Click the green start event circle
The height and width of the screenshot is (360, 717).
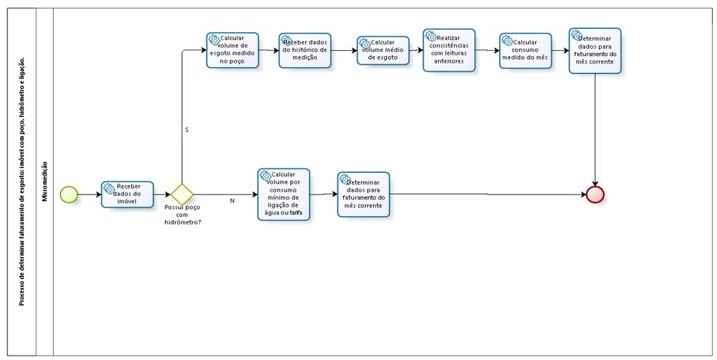[x=68, y=195]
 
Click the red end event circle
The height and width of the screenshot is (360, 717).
[x=595, y=195]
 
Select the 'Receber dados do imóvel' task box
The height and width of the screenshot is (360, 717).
[x=128, y=195]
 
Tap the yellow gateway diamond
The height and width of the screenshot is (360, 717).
[x=181, y=195]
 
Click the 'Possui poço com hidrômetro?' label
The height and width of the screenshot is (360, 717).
[x=183, y=215]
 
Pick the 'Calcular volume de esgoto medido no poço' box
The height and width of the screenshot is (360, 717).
[x=232, y=50]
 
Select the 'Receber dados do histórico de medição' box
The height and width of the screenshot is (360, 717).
[x=305, y=50]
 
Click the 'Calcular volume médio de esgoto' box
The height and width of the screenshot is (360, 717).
[x=383, y=50]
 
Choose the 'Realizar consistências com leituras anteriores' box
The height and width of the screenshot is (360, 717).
[x=449, y=50]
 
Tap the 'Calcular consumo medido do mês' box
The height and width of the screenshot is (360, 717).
[x=525, y=50]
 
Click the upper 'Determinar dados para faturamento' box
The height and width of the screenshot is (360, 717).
[x=595, y=50]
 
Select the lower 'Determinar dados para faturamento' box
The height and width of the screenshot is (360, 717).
[x=364, y=195]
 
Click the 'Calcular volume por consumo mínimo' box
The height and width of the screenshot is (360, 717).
[x=283, y=195]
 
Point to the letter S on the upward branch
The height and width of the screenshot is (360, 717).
[x=187, y=130]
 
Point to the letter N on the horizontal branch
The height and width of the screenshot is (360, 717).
[x=232, y=200]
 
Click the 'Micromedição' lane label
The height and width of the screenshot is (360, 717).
[x=45, y=181]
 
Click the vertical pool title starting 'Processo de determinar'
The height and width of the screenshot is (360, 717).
[x=23, y=181]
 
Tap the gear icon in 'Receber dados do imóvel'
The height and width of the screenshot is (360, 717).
[x=109, y=188]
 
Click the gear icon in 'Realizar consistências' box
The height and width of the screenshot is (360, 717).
[x=431, y=36]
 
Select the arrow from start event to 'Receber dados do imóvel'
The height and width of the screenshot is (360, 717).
[x=89, y=195]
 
